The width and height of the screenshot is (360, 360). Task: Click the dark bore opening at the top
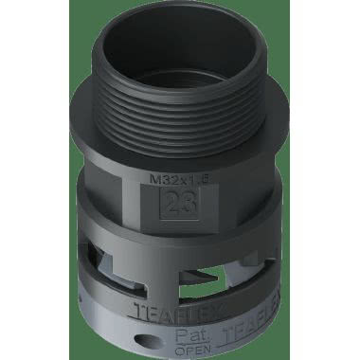point(180,49)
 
